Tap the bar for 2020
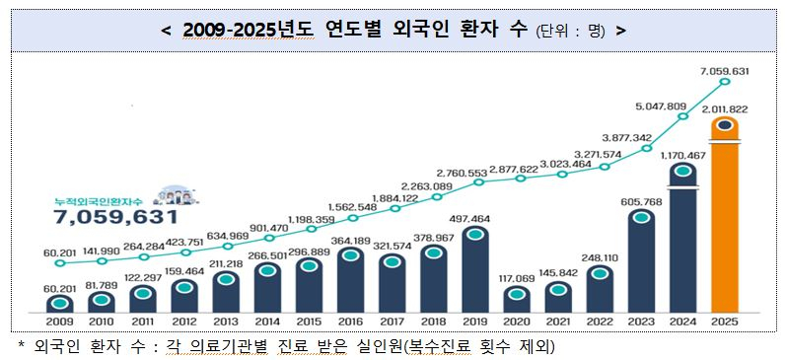point(517,298)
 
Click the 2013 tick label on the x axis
point(226,322)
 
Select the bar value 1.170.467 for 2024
point(682,155)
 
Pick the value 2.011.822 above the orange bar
point(725,109)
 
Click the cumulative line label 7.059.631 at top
point(725,71)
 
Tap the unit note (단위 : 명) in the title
point(570,30)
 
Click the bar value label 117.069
point(517,279)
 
